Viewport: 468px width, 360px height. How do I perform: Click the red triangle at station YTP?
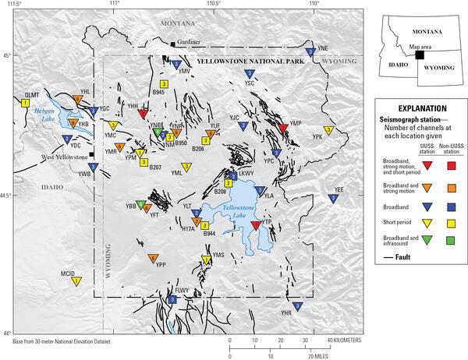coord(255,226)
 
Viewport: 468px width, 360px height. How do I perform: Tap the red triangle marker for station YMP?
coord(282,128)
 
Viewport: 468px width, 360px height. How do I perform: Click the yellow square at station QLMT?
coord(26,102)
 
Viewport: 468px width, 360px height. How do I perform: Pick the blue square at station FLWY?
coord(172,300)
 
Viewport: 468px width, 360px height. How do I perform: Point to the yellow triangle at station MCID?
coord(76,281)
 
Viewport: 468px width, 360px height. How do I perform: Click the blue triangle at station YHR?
coord(296,306)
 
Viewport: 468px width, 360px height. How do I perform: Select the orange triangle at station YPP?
coord(153,259)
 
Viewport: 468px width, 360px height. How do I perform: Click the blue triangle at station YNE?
coord(310,53)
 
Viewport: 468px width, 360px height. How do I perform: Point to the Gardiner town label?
coord(190,42)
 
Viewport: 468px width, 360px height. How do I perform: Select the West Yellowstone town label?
coord(64,157)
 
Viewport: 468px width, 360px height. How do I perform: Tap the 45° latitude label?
coord(7,55)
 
